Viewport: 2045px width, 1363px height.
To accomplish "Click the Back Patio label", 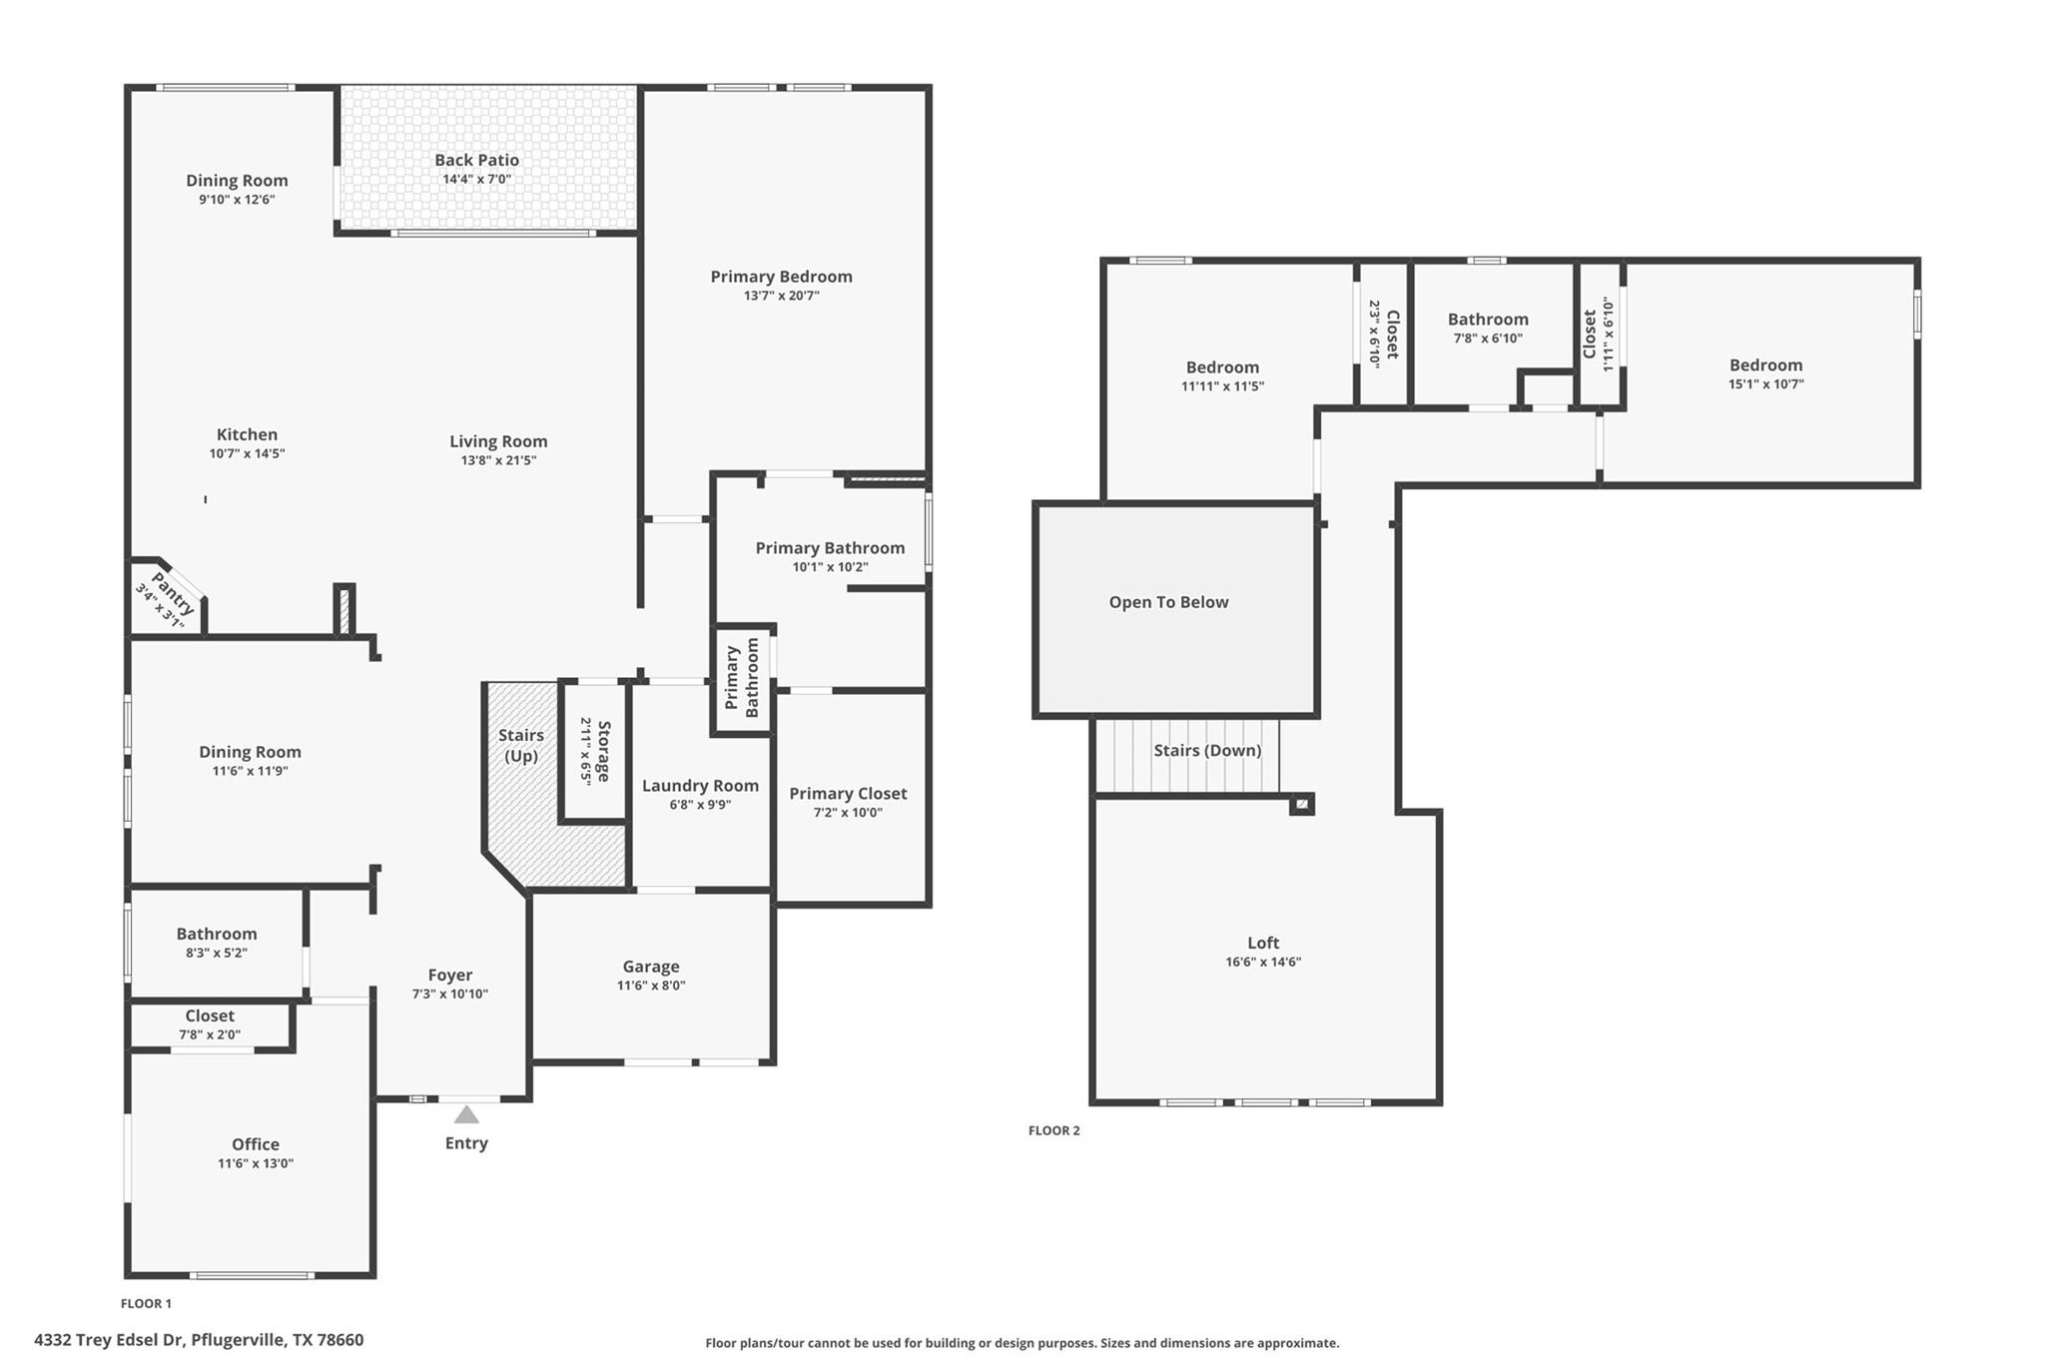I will tap(476, 160).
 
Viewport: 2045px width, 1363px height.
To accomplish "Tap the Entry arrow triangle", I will tap(466, 1114).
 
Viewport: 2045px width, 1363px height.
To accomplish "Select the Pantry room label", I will tap(172, 593).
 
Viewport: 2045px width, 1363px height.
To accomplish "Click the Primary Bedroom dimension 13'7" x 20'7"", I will tap(781, 296).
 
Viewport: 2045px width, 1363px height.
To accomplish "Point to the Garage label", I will tap(651, 966).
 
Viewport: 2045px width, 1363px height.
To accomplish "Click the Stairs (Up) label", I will tap(520, 745).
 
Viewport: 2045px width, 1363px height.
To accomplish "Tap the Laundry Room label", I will tap(700, 786).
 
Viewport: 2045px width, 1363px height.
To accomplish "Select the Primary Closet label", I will tap(848, 793).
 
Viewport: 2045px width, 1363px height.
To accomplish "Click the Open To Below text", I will tap(1168, 602).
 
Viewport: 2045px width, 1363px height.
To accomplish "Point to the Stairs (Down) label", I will tap(1207, 750).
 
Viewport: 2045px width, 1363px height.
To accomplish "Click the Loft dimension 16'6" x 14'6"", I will tap(1263, 962).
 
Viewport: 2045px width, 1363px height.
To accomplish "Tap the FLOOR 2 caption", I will tap(1053, 1130).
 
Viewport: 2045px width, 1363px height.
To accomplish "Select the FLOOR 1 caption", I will tap(146, 1303).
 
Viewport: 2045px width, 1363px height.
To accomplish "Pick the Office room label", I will tap(256, 1144).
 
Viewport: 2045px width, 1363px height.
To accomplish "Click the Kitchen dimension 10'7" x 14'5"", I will tap(247, 453).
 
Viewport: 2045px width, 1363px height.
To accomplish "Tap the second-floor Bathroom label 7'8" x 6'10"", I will tap(1488, 320).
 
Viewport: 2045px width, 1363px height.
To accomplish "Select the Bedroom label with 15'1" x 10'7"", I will tap(1765, 365).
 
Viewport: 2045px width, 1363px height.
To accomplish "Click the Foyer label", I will tap(449, 975).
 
